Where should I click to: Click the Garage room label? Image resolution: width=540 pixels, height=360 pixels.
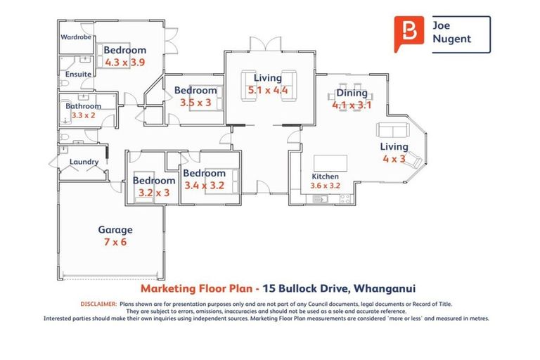coord(115,230)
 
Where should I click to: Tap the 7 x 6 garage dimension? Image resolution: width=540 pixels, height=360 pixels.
coord(115,242)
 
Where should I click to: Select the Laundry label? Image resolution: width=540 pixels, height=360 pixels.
coord(84,163)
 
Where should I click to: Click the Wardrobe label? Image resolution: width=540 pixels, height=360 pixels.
coord(76,37)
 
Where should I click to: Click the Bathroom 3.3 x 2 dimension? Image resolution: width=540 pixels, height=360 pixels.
coord(84,115)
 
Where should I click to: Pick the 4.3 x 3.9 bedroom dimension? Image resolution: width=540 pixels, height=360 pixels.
coord(125,62)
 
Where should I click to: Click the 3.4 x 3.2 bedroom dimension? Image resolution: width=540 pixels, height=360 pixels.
coord(204,186)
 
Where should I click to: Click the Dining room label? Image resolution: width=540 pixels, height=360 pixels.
coord(352,93)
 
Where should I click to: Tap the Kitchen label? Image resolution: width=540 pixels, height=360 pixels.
coord(326,176)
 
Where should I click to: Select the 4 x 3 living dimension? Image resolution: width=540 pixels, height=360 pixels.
coord(394,158)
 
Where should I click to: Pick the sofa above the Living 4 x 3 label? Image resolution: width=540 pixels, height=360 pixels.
coord(392,130)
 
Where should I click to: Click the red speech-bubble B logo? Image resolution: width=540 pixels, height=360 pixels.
coord(410,33)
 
